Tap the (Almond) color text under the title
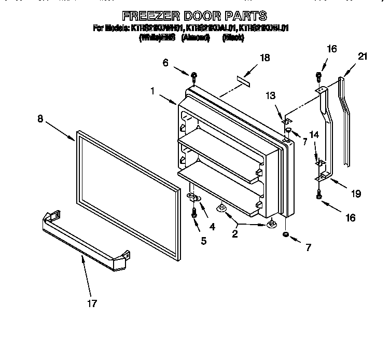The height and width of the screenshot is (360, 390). (x=196, y=38)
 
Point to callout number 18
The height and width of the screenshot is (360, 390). (x=264, y=58)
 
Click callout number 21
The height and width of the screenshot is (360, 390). (x=363, y=57)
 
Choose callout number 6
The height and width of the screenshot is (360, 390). (x=166, y=62)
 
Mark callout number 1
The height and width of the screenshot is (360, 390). (x=153, y=90)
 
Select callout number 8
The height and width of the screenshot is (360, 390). (x=40, y=118)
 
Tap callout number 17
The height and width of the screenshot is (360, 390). (x=92, y=303)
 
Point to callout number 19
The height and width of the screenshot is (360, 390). (x=355, y=193)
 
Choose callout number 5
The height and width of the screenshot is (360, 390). (x=203, y=240)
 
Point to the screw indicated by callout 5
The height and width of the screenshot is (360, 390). (x=193, y=213)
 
